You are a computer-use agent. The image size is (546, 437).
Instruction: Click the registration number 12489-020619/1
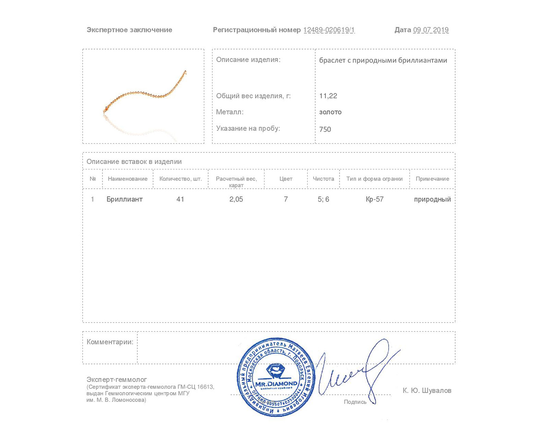(x=329, y=30)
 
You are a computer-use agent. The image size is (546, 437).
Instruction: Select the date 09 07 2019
(x=431, y=30)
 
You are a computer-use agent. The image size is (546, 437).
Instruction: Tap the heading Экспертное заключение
(x=129, y=30)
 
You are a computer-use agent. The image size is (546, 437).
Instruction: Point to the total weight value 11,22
(x=328, y=96)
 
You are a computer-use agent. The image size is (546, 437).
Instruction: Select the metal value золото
(x=330, y=112)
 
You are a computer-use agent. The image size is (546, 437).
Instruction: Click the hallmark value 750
(x=325, y=129)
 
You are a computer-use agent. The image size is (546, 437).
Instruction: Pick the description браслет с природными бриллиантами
(x=383, y=60)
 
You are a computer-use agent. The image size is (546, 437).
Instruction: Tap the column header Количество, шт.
(x=180, y=179)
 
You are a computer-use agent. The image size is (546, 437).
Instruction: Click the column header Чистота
(x=323, y=179)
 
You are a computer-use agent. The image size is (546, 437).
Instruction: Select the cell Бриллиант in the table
(x=125, y=199)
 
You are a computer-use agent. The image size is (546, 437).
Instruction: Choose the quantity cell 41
(x=180, y=199)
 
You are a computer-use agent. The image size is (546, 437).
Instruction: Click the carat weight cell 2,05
(x=236, y=199)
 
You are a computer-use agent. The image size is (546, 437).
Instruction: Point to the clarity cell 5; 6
(x=323, y=199)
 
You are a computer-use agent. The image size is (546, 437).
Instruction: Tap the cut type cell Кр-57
(x=375, y=199)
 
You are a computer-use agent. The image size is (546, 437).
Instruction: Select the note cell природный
(x=432, y=199)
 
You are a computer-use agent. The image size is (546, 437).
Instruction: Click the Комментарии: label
(x=110, y=342)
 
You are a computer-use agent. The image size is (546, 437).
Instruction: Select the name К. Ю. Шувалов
(x=427, y=390)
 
